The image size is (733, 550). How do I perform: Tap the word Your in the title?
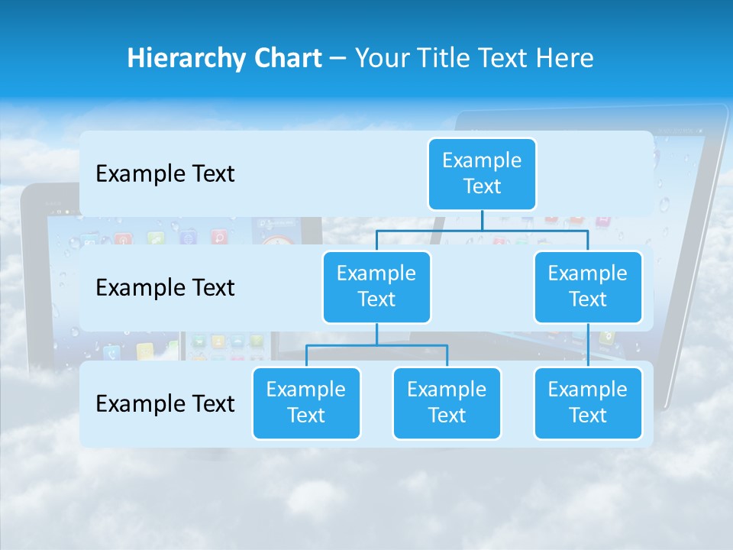click(379, 58)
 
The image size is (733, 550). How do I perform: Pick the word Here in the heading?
click(566, 58)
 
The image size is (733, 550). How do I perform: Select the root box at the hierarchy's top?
click(482, 173)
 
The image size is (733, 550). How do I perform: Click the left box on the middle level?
click(376, 286)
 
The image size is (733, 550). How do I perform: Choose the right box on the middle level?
click(588, 286)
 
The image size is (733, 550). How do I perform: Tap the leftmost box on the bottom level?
click(306, 403)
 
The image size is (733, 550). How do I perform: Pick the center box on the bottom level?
click(447, 403)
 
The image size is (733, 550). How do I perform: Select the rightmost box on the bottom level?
click(588, 403)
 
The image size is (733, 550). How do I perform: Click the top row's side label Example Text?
click(165, 173)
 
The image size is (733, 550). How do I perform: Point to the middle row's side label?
click(165, 287)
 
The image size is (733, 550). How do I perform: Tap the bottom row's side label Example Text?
click(165, 403)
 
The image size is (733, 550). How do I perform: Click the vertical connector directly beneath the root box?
click(482, 220)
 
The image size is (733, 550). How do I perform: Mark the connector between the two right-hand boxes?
click(588, 345)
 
